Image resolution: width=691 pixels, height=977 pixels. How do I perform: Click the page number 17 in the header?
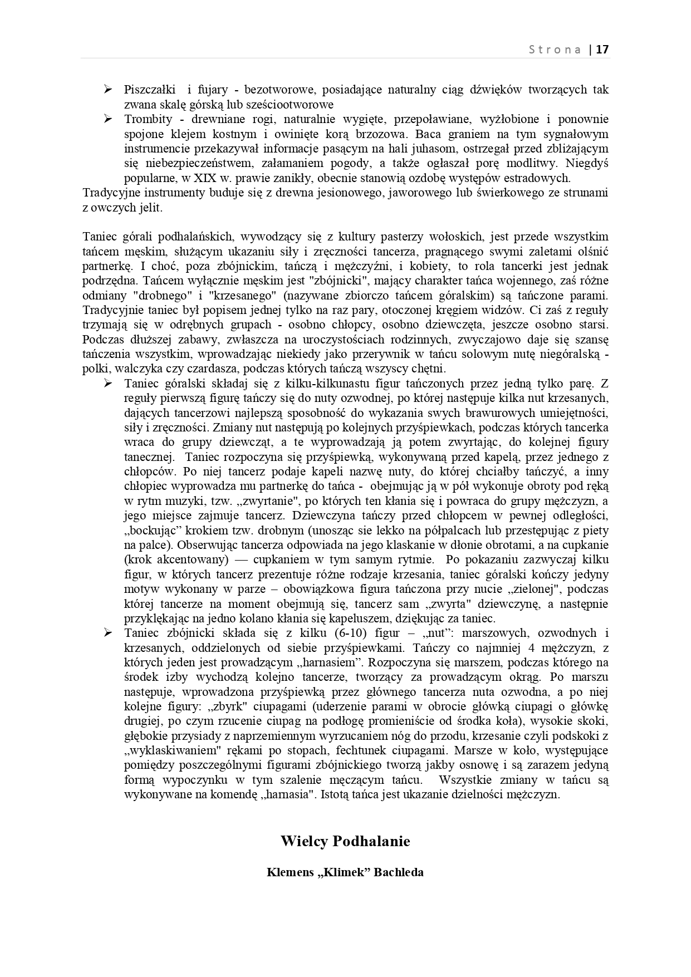coord(602,50)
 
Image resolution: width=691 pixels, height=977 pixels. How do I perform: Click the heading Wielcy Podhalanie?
coord(345,841)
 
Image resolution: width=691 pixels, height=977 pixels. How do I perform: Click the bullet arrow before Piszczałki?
coord(108,90)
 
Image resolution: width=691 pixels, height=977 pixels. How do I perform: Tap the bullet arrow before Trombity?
coord(108,119)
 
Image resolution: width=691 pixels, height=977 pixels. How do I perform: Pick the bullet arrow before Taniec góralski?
coord(108,384)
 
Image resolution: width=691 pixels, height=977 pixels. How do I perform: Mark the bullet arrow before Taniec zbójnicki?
coord(108,633)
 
